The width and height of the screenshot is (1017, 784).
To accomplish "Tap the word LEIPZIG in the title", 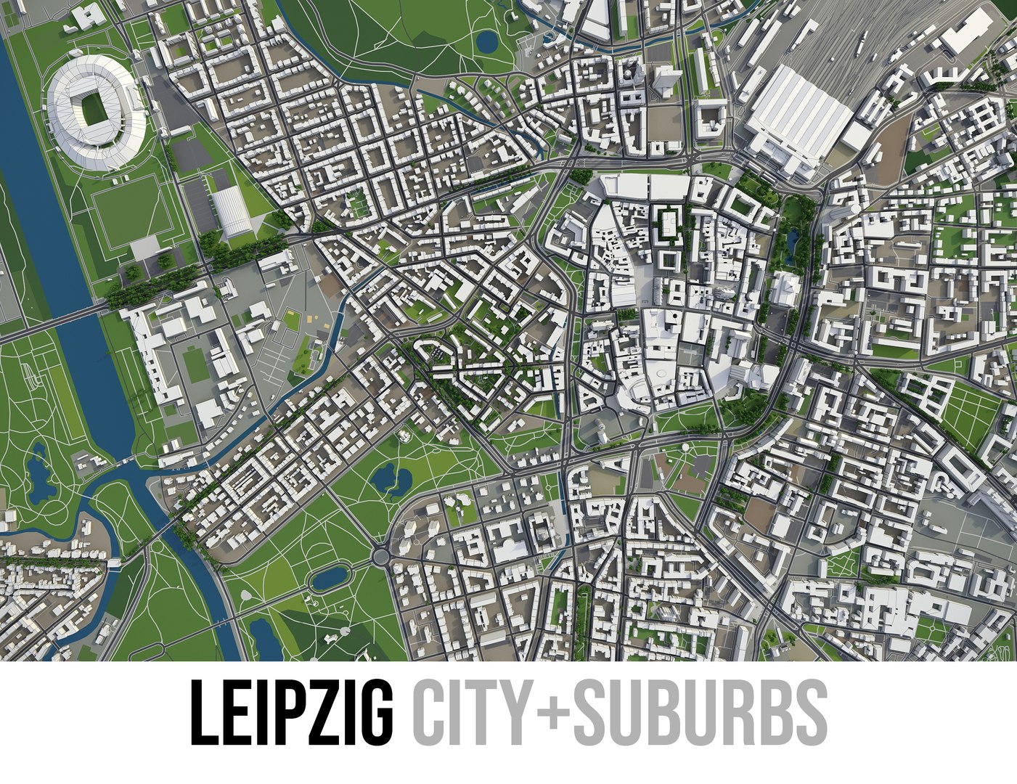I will click(290, 711).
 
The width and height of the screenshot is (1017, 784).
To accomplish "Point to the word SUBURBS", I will click(701, 711).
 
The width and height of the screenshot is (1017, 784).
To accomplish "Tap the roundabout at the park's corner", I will click(379, 557).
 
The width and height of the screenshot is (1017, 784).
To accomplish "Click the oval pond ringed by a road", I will click(330, 578).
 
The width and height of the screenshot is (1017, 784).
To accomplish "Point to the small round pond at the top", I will click(487, 41).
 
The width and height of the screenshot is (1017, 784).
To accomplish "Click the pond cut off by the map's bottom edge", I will click(266, 642).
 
